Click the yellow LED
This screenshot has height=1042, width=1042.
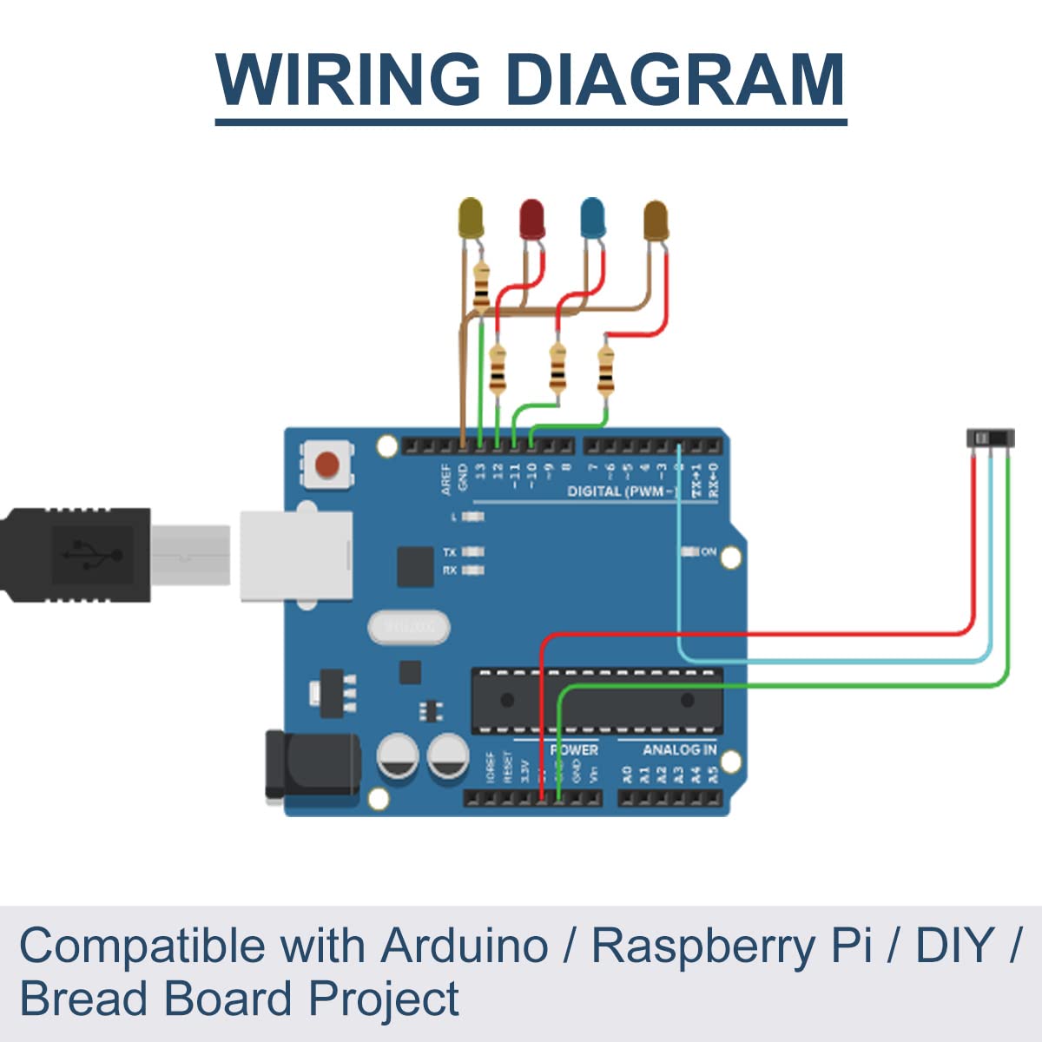(x=470, y=217)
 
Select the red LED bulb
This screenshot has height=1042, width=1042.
(x=531, y=218)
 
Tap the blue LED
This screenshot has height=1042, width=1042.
(x=592, y=217)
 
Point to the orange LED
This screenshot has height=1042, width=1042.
(x=656, y=221)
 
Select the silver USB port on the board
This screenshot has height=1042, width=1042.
(x=296, y=556)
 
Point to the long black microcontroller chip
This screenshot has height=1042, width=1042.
(x=597, y=700)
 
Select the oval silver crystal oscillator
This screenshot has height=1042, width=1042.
(x=409, y=627)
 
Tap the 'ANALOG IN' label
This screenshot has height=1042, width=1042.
(x=679, y=749)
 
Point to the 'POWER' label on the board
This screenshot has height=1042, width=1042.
(x=574, y=749)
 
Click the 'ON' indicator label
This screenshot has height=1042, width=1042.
(x=709, y=551)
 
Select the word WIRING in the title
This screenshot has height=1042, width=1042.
(x=348, y=79)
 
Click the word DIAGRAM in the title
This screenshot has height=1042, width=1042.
(x=675, y=79)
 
